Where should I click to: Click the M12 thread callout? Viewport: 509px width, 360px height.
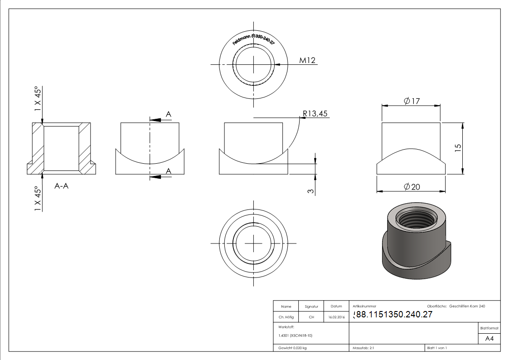pos(307,61)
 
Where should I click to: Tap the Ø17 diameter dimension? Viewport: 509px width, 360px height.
pos(412,101)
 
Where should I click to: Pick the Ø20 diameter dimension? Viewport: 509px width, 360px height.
pos(412,186)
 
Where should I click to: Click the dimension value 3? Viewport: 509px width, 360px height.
pos(310,191)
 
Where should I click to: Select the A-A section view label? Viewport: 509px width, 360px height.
pos(61,185)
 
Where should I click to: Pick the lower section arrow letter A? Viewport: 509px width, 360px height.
pos(168,171)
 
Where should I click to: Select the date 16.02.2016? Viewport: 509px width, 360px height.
pos(336,317)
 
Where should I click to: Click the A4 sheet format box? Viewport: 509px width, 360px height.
pos(490,338)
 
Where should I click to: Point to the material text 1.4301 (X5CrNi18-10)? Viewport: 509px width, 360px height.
pos(296,336)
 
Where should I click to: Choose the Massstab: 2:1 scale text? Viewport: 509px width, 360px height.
pos(363,348)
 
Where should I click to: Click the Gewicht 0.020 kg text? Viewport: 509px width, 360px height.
pos(292,348)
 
